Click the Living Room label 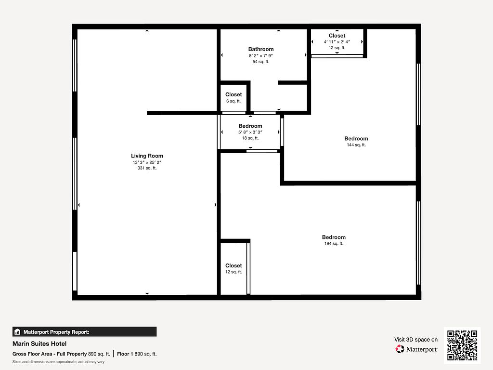point(147,156)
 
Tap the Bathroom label point(261,49)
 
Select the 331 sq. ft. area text point(147,168)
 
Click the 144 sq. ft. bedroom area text point(356,145)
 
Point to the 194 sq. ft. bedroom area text point(334,243)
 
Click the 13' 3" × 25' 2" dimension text point(147,162)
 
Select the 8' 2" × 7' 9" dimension point(261,56)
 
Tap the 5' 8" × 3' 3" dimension point(250,132)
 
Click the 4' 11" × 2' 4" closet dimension point(337,41)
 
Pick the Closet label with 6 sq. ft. point(234,94)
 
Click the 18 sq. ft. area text point(250,138)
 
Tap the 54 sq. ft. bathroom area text point(261,62)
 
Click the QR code point(462,345)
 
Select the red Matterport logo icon point(400,349)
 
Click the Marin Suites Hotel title point(39,344)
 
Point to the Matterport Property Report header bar point(84,331)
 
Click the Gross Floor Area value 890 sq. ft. point(99,354)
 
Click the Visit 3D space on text point(416,340)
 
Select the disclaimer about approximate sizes point(58,362)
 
